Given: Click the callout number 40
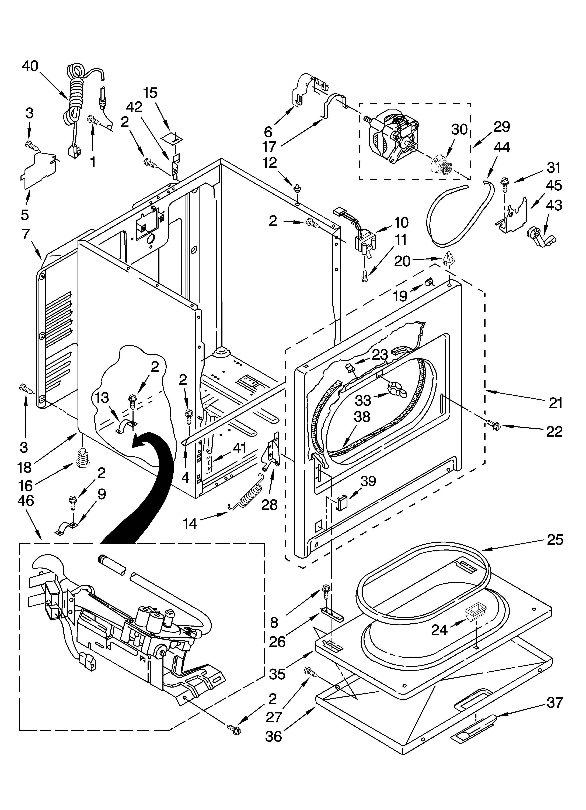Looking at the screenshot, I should coord(30,66).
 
